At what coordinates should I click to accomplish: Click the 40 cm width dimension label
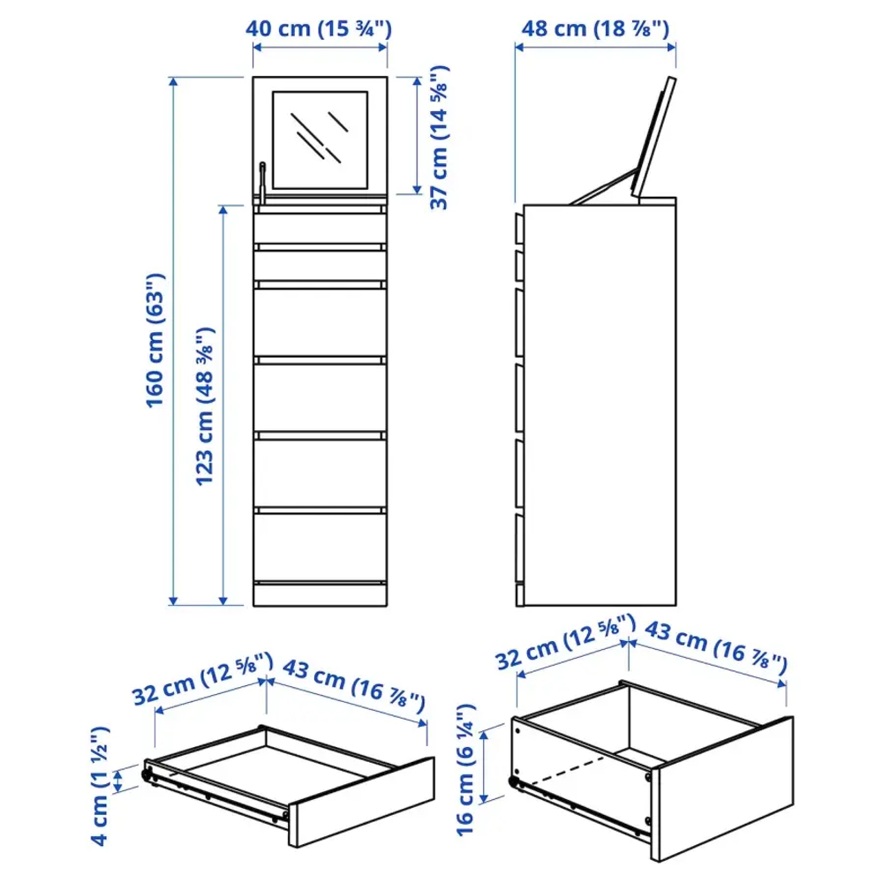pyautogui.click(x=319, y=28)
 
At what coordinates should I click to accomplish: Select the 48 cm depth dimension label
pyautogui.click(x=595, y=28)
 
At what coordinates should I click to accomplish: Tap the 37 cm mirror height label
pyautogui.click(x=439, y=137)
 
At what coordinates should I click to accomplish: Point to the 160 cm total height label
pyautogui.click(x=155, y=340)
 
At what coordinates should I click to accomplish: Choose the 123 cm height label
pyautogui.click(x=205, y=406)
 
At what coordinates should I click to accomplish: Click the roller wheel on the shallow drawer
pyautogui.click(x=143, y=774)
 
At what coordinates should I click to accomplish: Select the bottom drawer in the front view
pyautogui.click(x=320, y=547)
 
